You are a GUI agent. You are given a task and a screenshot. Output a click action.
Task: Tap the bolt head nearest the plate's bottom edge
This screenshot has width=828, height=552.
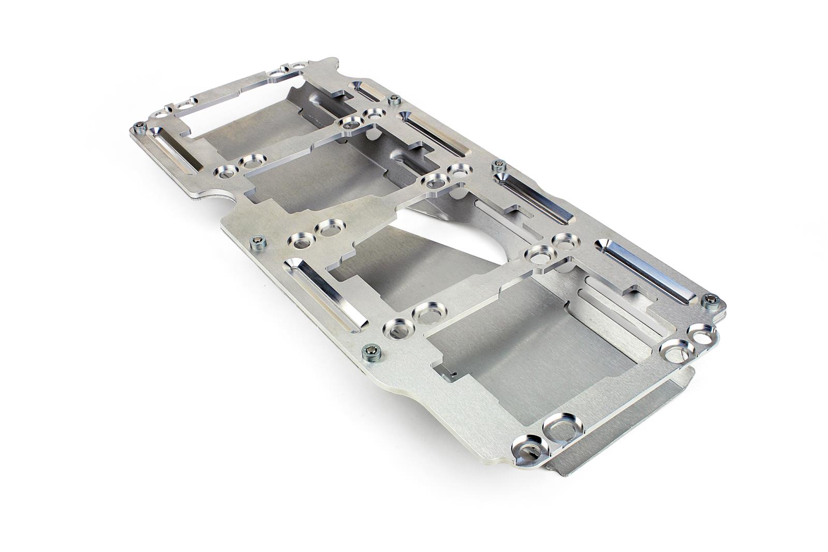coord(371,352)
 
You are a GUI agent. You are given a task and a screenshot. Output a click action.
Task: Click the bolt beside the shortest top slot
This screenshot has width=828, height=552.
coord(396,100)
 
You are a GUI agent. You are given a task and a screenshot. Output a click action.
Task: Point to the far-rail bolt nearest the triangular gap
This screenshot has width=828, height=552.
coord(498,166)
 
